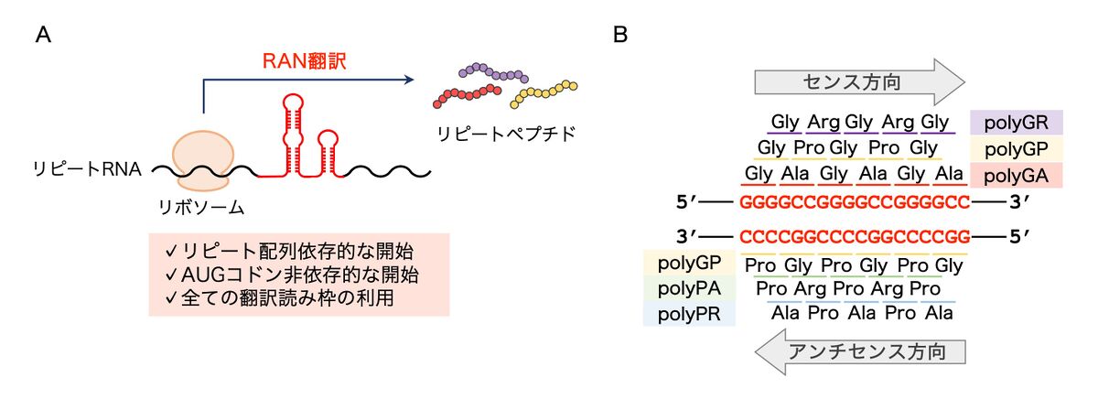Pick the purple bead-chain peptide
[x=495, y=72]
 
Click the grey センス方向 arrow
[x=859, y=81]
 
